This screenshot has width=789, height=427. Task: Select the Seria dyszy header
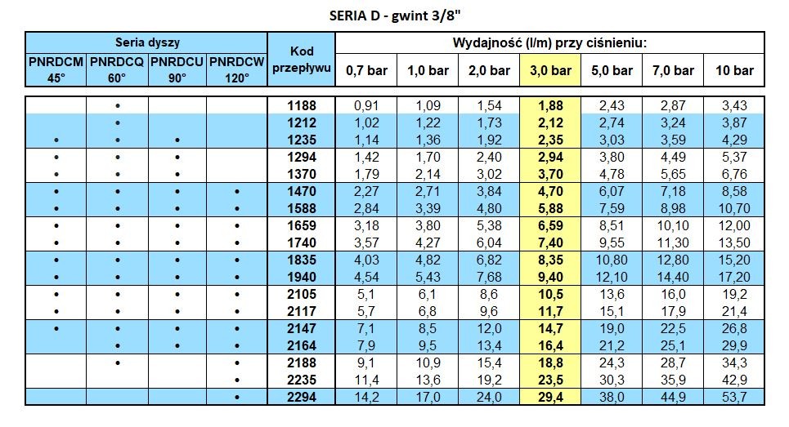147,42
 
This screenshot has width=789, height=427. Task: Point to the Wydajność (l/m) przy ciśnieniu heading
549,42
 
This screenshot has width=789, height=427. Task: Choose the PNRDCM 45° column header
56,69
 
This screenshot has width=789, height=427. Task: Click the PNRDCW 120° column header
237,69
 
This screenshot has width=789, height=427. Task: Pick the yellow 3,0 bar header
549,70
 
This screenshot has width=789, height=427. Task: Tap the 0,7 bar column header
365,70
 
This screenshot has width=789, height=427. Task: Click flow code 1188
302,105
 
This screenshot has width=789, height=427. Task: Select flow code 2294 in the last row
302,398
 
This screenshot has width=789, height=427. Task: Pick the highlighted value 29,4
549,398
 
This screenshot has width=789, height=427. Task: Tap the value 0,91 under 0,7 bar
365,105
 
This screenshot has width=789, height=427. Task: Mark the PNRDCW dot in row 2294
237,398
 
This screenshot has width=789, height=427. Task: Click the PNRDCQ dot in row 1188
118,106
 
